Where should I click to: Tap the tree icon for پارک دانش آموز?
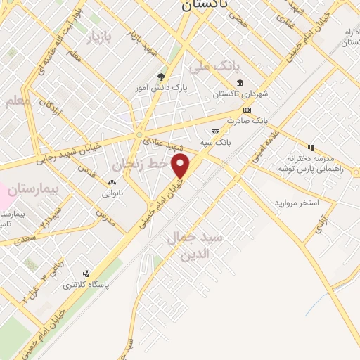tap(162, 77)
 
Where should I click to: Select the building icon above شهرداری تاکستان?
tap(240, 83)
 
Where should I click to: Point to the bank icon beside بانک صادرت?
tap(247, 110)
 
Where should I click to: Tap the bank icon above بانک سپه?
tap(215, 132)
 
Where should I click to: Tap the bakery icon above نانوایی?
tap(112, 183)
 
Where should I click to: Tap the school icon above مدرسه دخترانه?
tap(311, 147)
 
